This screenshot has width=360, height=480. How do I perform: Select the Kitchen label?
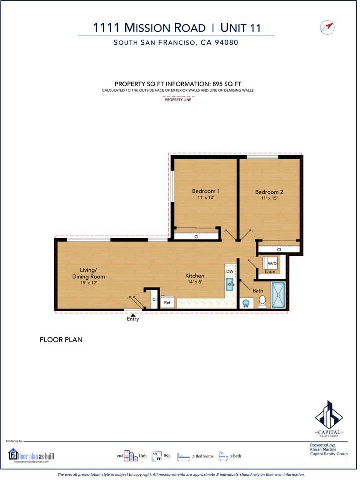pos(195,276)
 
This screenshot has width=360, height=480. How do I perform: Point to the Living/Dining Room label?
pos(89,273)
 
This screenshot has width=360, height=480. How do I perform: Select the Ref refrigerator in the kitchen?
pos(168,303)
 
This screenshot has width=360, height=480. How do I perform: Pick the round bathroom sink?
pos(246,303)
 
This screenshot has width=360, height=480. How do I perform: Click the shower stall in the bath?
pos(279,295)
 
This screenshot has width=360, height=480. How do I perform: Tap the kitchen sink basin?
pos(230,285)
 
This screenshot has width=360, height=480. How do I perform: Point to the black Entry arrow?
pos(133,315)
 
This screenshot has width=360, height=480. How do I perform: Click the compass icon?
pos(328,28)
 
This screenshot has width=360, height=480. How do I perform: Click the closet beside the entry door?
pos(155,300)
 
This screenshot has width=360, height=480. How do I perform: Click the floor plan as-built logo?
pos(32,456)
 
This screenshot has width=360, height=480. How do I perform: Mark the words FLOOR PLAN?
pos(61,340)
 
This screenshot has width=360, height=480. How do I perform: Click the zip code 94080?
pos(227,43)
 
